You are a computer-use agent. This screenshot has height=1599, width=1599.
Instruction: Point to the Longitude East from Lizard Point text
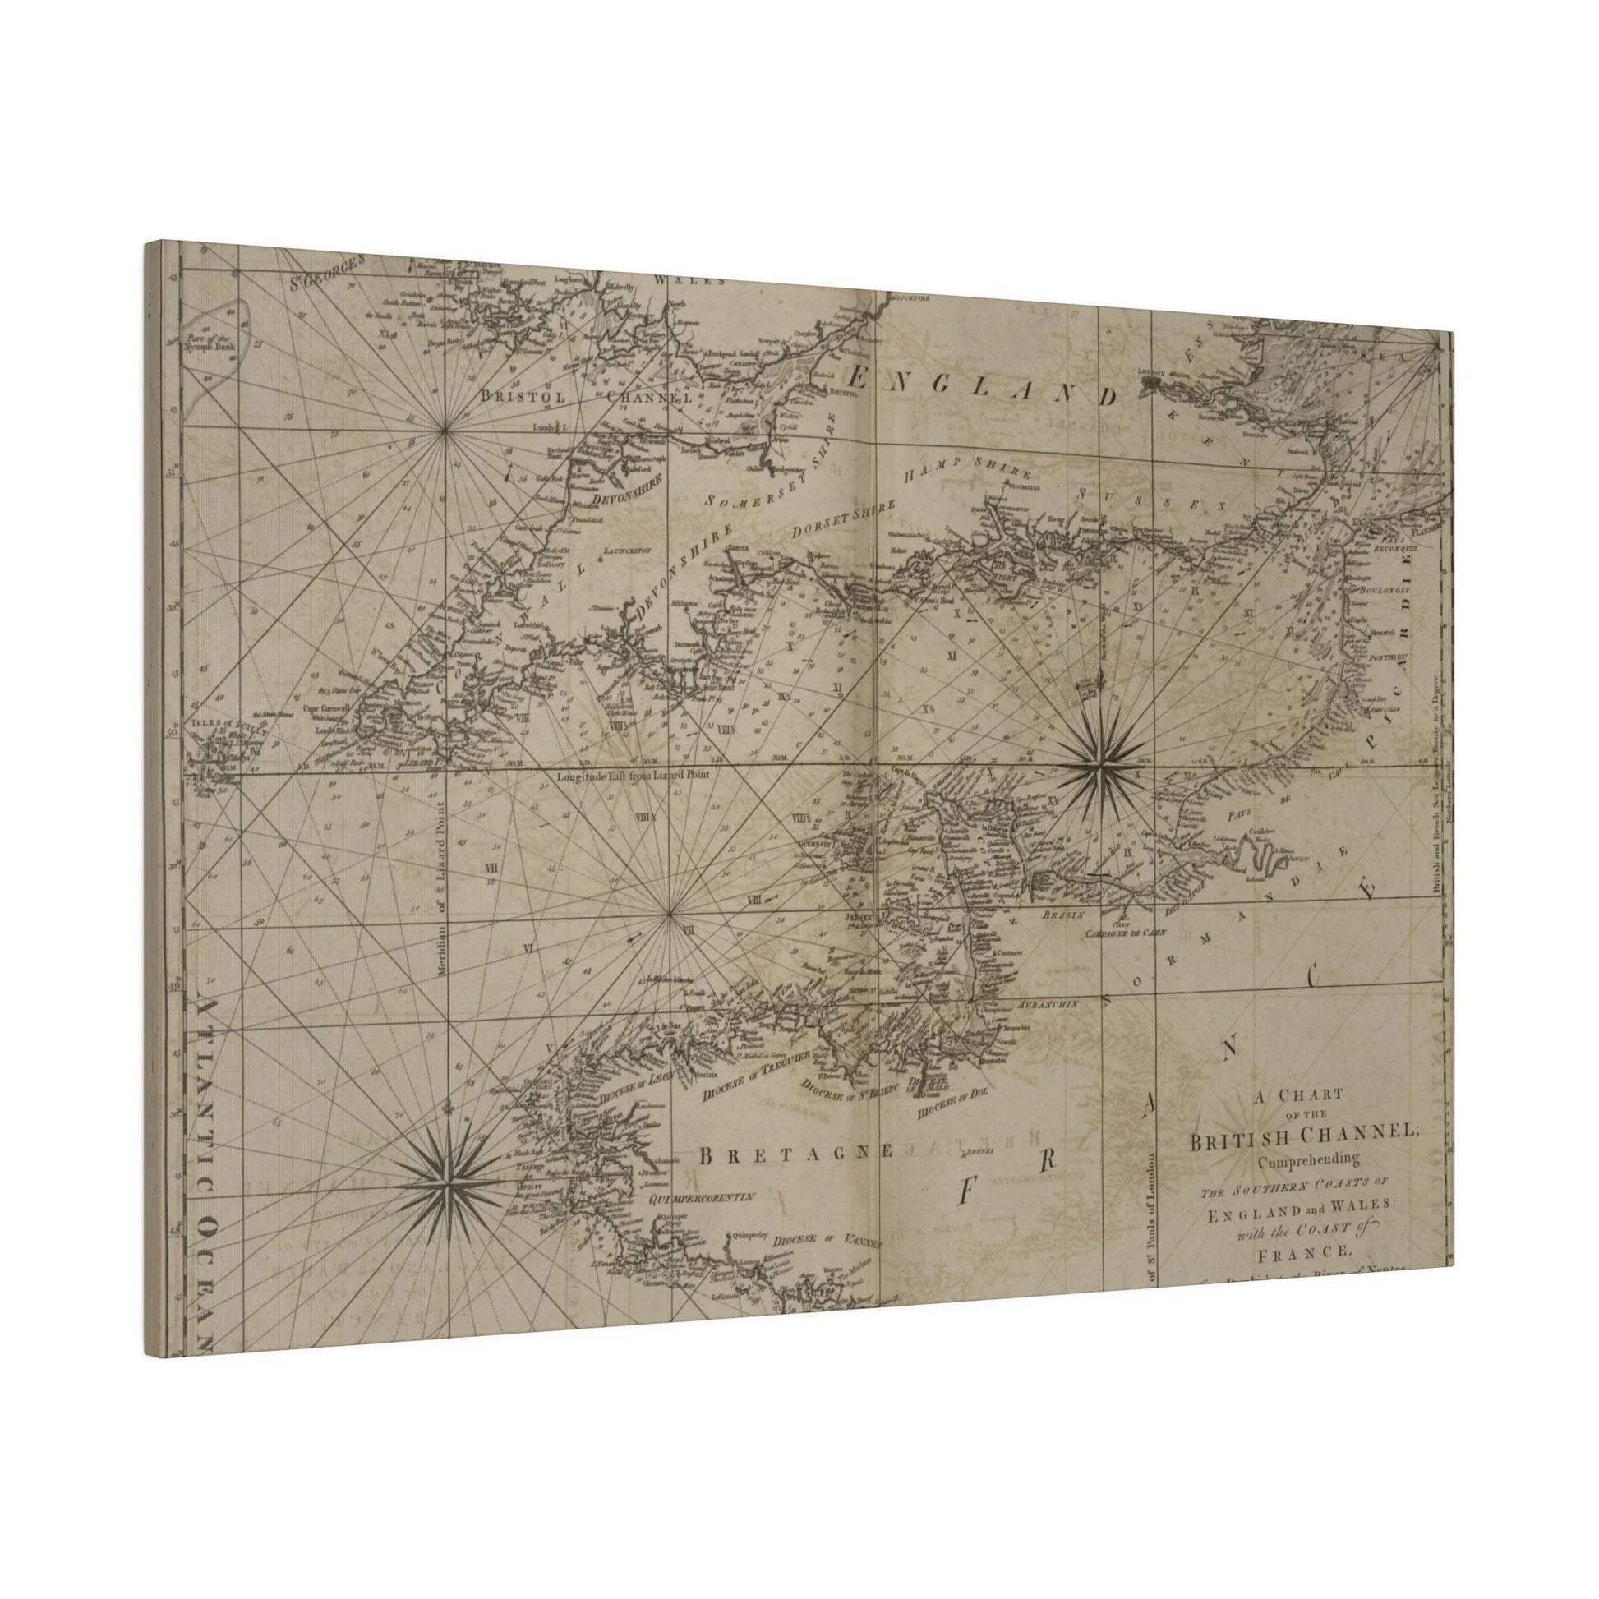click(634, 777)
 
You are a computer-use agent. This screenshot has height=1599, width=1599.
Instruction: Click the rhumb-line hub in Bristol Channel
click(446, 430)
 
